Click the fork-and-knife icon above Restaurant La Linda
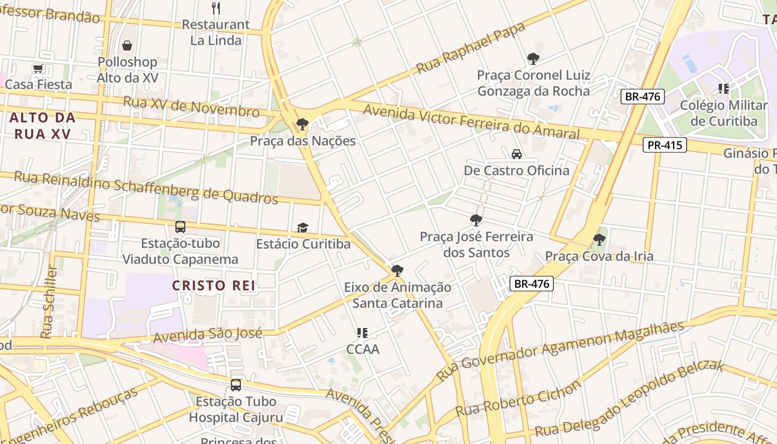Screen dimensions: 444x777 [216, 8]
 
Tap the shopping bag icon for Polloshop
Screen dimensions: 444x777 [127, 46]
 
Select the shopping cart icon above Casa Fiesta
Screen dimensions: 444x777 [38, 69]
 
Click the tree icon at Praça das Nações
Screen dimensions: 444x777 [302, 124]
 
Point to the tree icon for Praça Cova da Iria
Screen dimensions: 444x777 [599, 240]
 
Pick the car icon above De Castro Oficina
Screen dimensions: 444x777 [516, 154]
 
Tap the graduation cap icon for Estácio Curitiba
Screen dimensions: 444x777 [302, 228]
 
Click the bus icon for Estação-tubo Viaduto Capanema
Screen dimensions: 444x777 [180, 226]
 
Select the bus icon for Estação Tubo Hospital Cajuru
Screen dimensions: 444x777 [236, 385]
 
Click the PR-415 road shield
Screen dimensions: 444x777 [665, 145]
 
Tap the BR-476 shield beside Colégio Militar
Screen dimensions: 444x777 [642, 96]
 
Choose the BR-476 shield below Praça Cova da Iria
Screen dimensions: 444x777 [531, 284]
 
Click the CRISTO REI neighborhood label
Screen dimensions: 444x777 [213, 286]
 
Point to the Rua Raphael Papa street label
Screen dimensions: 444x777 [470, 48]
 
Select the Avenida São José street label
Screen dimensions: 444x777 [207, 335]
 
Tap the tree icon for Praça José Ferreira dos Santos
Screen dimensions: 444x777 [476, 220]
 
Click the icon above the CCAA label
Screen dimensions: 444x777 [362, 333]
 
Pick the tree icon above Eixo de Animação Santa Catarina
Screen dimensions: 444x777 [397, 271]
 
